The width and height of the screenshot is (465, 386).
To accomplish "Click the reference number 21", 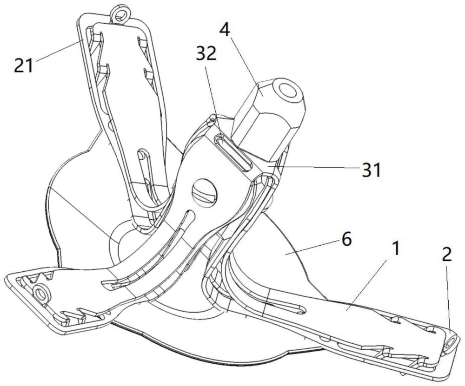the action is [x=24, y=65].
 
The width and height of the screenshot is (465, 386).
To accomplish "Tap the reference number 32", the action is [x=206, y=53].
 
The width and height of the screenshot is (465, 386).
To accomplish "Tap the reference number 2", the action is [x=446, y=255].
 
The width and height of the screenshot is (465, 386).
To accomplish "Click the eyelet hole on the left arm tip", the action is [x=41, y=293].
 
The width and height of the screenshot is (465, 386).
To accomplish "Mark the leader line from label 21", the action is [x=58, y=51].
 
